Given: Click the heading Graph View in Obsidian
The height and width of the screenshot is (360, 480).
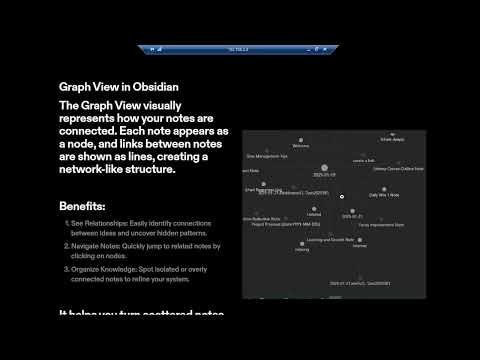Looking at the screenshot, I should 119,87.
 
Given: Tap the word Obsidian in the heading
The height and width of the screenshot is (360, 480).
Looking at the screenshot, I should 159,87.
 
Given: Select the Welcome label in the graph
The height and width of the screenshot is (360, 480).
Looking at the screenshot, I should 300,146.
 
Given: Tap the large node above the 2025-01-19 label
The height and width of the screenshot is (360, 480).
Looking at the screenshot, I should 323,169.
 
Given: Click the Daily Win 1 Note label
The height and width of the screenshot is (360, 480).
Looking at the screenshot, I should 383,194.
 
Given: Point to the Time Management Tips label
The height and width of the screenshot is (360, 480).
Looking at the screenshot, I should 267,156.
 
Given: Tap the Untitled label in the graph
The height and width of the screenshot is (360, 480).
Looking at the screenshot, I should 314,214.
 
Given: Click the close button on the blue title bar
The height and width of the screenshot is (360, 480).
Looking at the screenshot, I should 330,47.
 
